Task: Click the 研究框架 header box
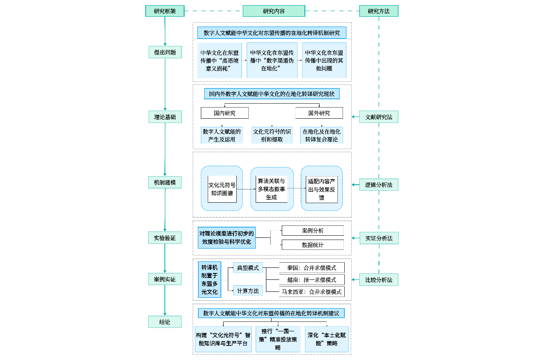[165, 11]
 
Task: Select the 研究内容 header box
[274, 11]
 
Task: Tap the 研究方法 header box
[379, 11]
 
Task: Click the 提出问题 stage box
[165, 52]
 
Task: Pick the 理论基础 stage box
[165, 117]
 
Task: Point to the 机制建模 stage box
[165, 182]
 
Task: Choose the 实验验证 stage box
[165, 238]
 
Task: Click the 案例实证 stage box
[165, 279]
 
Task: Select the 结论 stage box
[165, 322]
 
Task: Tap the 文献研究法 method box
[379, 117]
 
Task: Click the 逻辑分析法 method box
[379, 185]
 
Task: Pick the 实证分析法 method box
[379, 238]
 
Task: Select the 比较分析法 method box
[379, 280]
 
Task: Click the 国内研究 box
[224, 113]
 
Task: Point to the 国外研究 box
[319, 113]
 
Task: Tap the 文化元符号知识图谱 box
[222, 189]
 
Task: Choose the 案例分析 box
[313, 231]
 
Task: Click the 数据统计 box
[313, 245]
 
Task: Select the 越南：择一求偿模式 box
[312, 280]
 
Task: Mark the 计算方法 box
[248, 291]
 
